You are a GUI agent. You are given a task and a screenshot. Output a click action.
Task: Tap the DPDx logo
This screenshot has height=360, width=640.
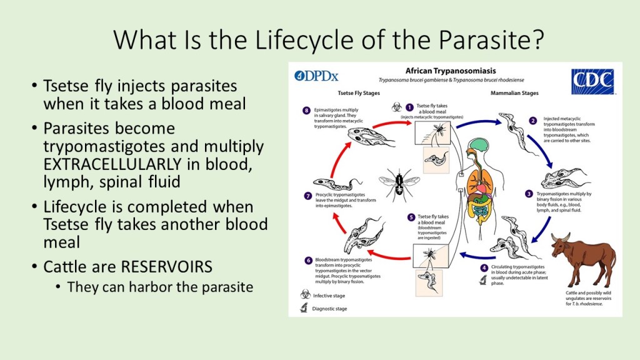point(317,76)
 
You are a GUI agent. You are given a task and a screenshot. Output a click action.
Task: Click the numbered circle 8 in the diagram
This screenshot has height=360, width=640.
point(306,111)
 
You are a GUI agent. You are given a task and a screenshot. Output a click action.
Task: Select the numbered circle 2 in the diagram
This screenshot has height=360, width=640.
point(532,121)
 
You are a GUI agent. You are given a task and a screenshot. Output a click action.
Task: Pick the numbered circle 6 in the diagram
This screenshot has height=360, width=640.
point(308,260)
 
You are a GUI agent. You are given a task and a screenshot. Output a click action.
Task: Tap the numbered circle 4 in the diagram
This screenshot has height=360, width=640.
point(484,268)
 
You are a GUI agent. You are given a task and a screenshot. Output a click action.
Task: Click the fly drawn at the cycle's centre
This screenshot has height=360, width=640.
point(397,184)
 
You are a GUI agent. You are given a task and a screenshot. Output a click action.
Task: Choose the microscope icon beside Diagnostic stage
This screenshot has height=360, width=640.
point(305,307)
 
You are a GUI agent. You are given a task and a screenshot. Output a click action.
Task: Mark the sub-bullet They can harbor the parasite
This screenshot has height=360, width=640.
point(159,287)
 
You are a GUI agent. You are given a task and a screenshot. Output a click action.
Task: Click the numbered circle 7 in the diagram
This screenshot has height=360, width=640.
point(307,196)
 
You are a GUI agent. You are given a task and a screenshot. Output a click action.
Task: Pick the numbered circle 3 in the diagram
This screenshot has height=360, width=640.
point(529,194)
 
